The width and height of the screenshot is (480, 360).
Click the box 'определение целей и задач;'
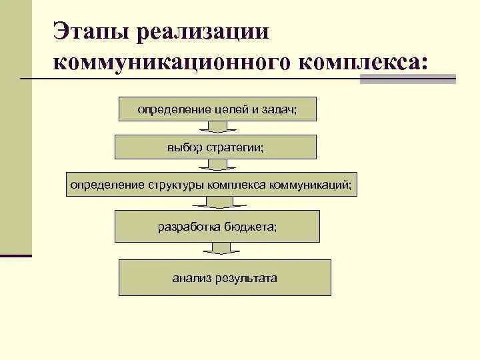tap(217, 109)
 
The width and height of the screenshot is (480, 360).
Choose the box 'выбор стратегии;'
tap(215, 147)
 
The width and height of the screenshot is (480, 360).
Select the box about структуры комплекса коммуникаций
tap(212, 183)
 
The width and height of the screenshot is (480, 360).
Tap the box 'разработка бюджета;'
tap(217, 226)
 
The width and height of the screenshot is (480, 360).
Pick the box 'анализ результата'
tap(225, 277)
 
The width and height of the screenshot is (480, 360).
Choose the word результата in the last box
tap(246, 277)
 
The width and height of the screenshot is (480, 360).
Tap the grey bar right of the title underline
tap(407, 79)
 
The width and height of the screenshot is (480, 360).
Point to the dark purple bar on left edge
tap(16, 255)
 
